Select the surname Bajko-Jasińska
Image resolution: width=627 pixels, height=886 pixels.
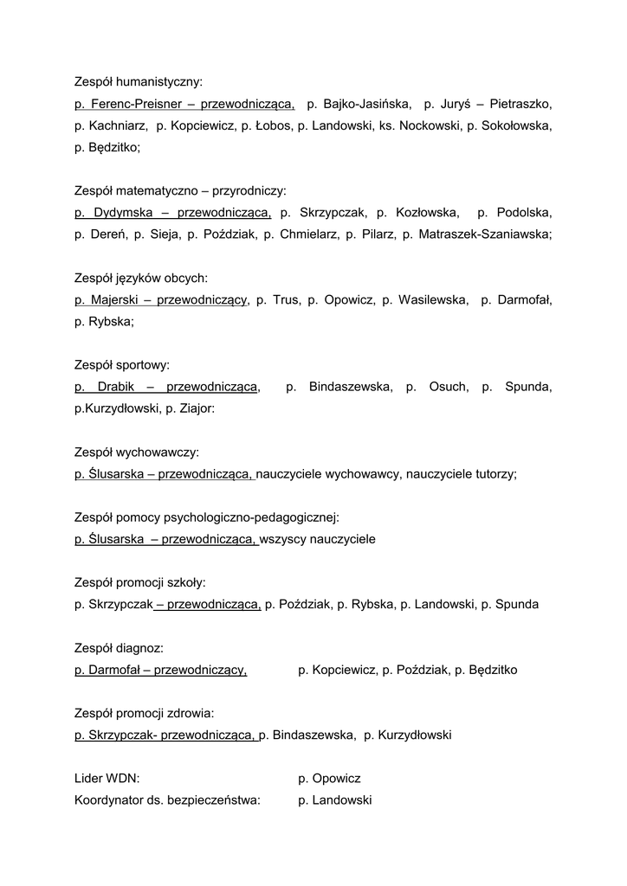click(368, 105)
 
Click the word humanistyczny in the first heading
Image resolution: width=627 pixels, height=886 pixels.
click(162, 83)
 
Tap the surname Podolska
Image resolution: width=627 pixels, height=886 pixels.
click(522, 212)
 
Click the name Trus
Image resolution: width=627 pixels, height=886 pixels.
click(286, 300)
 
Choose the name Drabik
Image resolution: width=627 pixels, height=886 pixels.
click(118, 387)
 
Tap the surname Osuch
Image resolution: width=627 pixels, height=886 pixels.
click(449, 387)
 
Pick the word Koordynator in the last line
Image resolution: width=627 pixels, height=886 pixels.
click(108, 800)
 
